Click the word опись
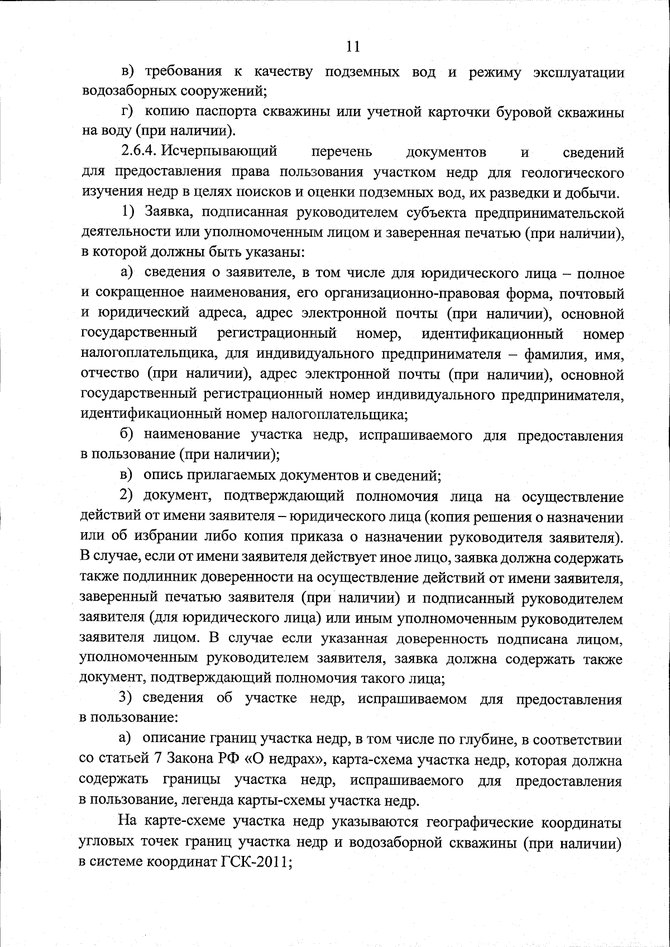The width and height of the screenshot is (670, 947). [x=160, y=476]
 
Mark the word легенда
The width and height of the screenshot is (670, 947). [x=209, y=801]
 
